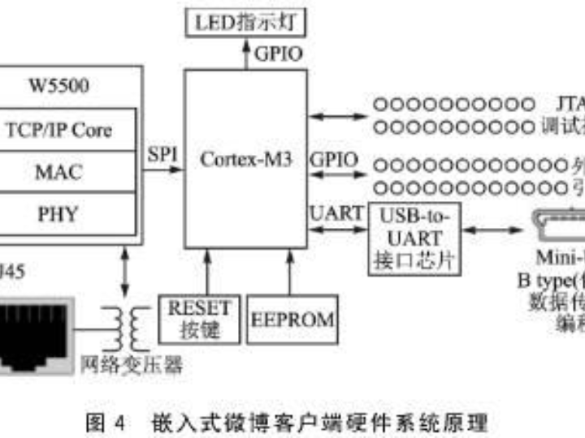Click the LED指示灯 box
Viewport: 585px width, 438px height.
coord(247,22)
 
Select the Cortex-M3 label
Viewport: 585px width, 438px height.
coord(246,158)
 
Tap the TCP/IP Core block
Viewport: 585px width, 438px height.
coord(58,130)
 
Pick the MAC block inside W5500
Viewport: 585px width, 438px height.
coord(58,172)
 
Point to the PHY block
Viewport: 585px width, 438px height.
coord(58,213)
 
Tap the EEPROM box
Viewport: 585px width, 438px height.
coord(291,319)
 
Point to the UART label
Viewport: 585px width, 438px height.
coord(336,213)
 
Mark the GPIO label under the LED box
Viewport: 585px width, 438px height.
coord(279,55)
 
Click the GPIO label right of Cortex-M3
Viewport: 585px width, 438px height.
coord(334,158)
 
